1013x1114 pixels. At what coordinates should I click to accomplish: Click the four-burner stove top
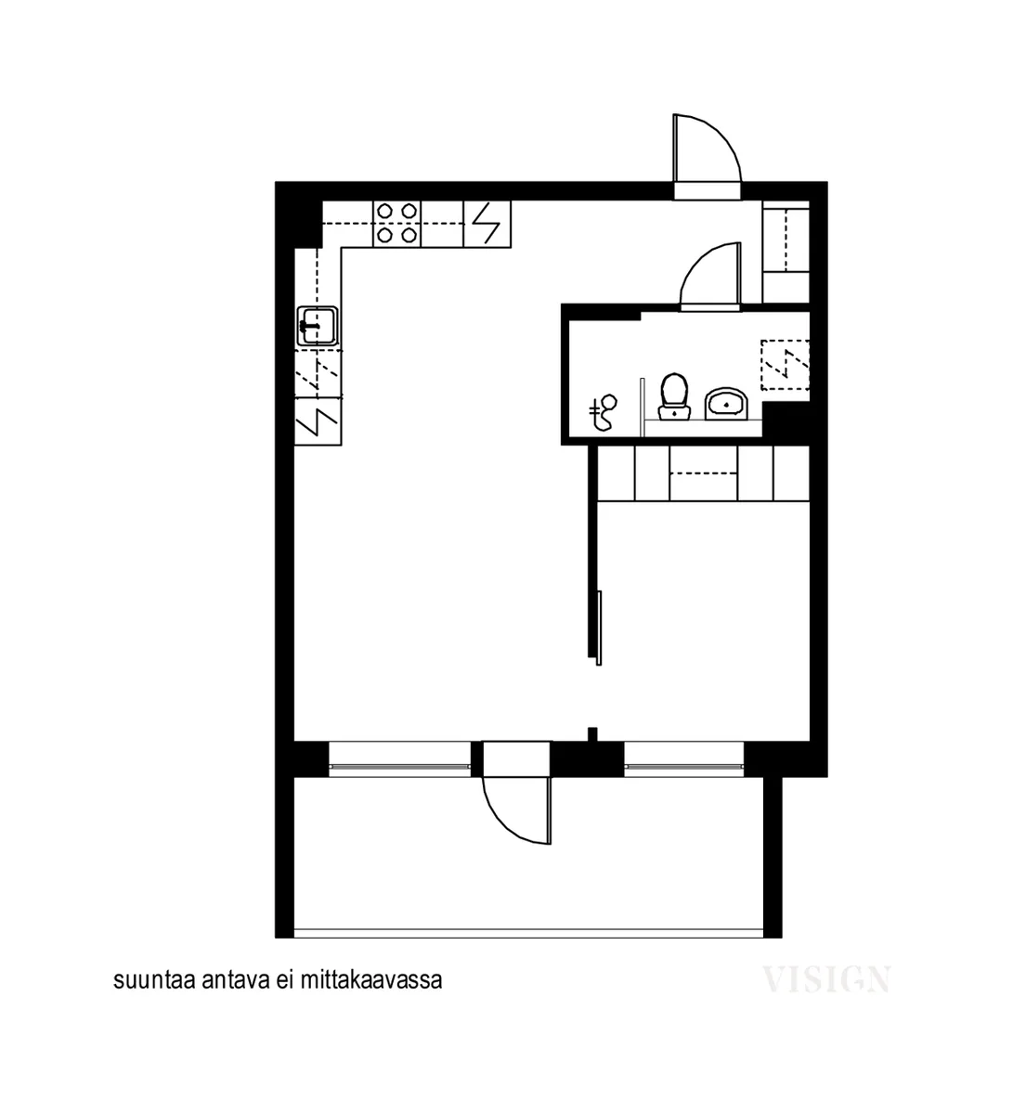pos(396,224)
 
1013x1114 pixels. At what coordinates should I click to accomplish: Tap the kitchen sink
pos(318,326)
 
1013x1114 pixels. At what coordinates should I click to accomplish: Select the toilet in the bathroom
pos(673,396)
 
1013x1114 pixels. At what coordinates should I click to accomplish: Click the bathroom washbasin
pos(726,403)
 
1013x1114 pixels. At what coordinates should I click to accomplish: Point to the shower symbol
pos(603,412)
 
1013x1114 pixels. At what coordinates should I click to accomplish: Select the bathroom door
pos(710,275)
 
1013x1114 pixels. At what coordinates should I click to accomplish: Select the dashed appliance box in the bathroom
pos(785,364)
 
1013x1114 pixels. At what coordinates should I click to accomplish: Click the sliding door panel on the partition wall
pos(599,628)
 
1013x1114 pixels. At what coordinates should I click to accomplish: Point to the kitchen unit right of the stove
pos(487,224)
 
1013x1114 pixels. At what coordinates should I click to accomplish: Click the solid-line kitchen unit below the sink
pos(318,422)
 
